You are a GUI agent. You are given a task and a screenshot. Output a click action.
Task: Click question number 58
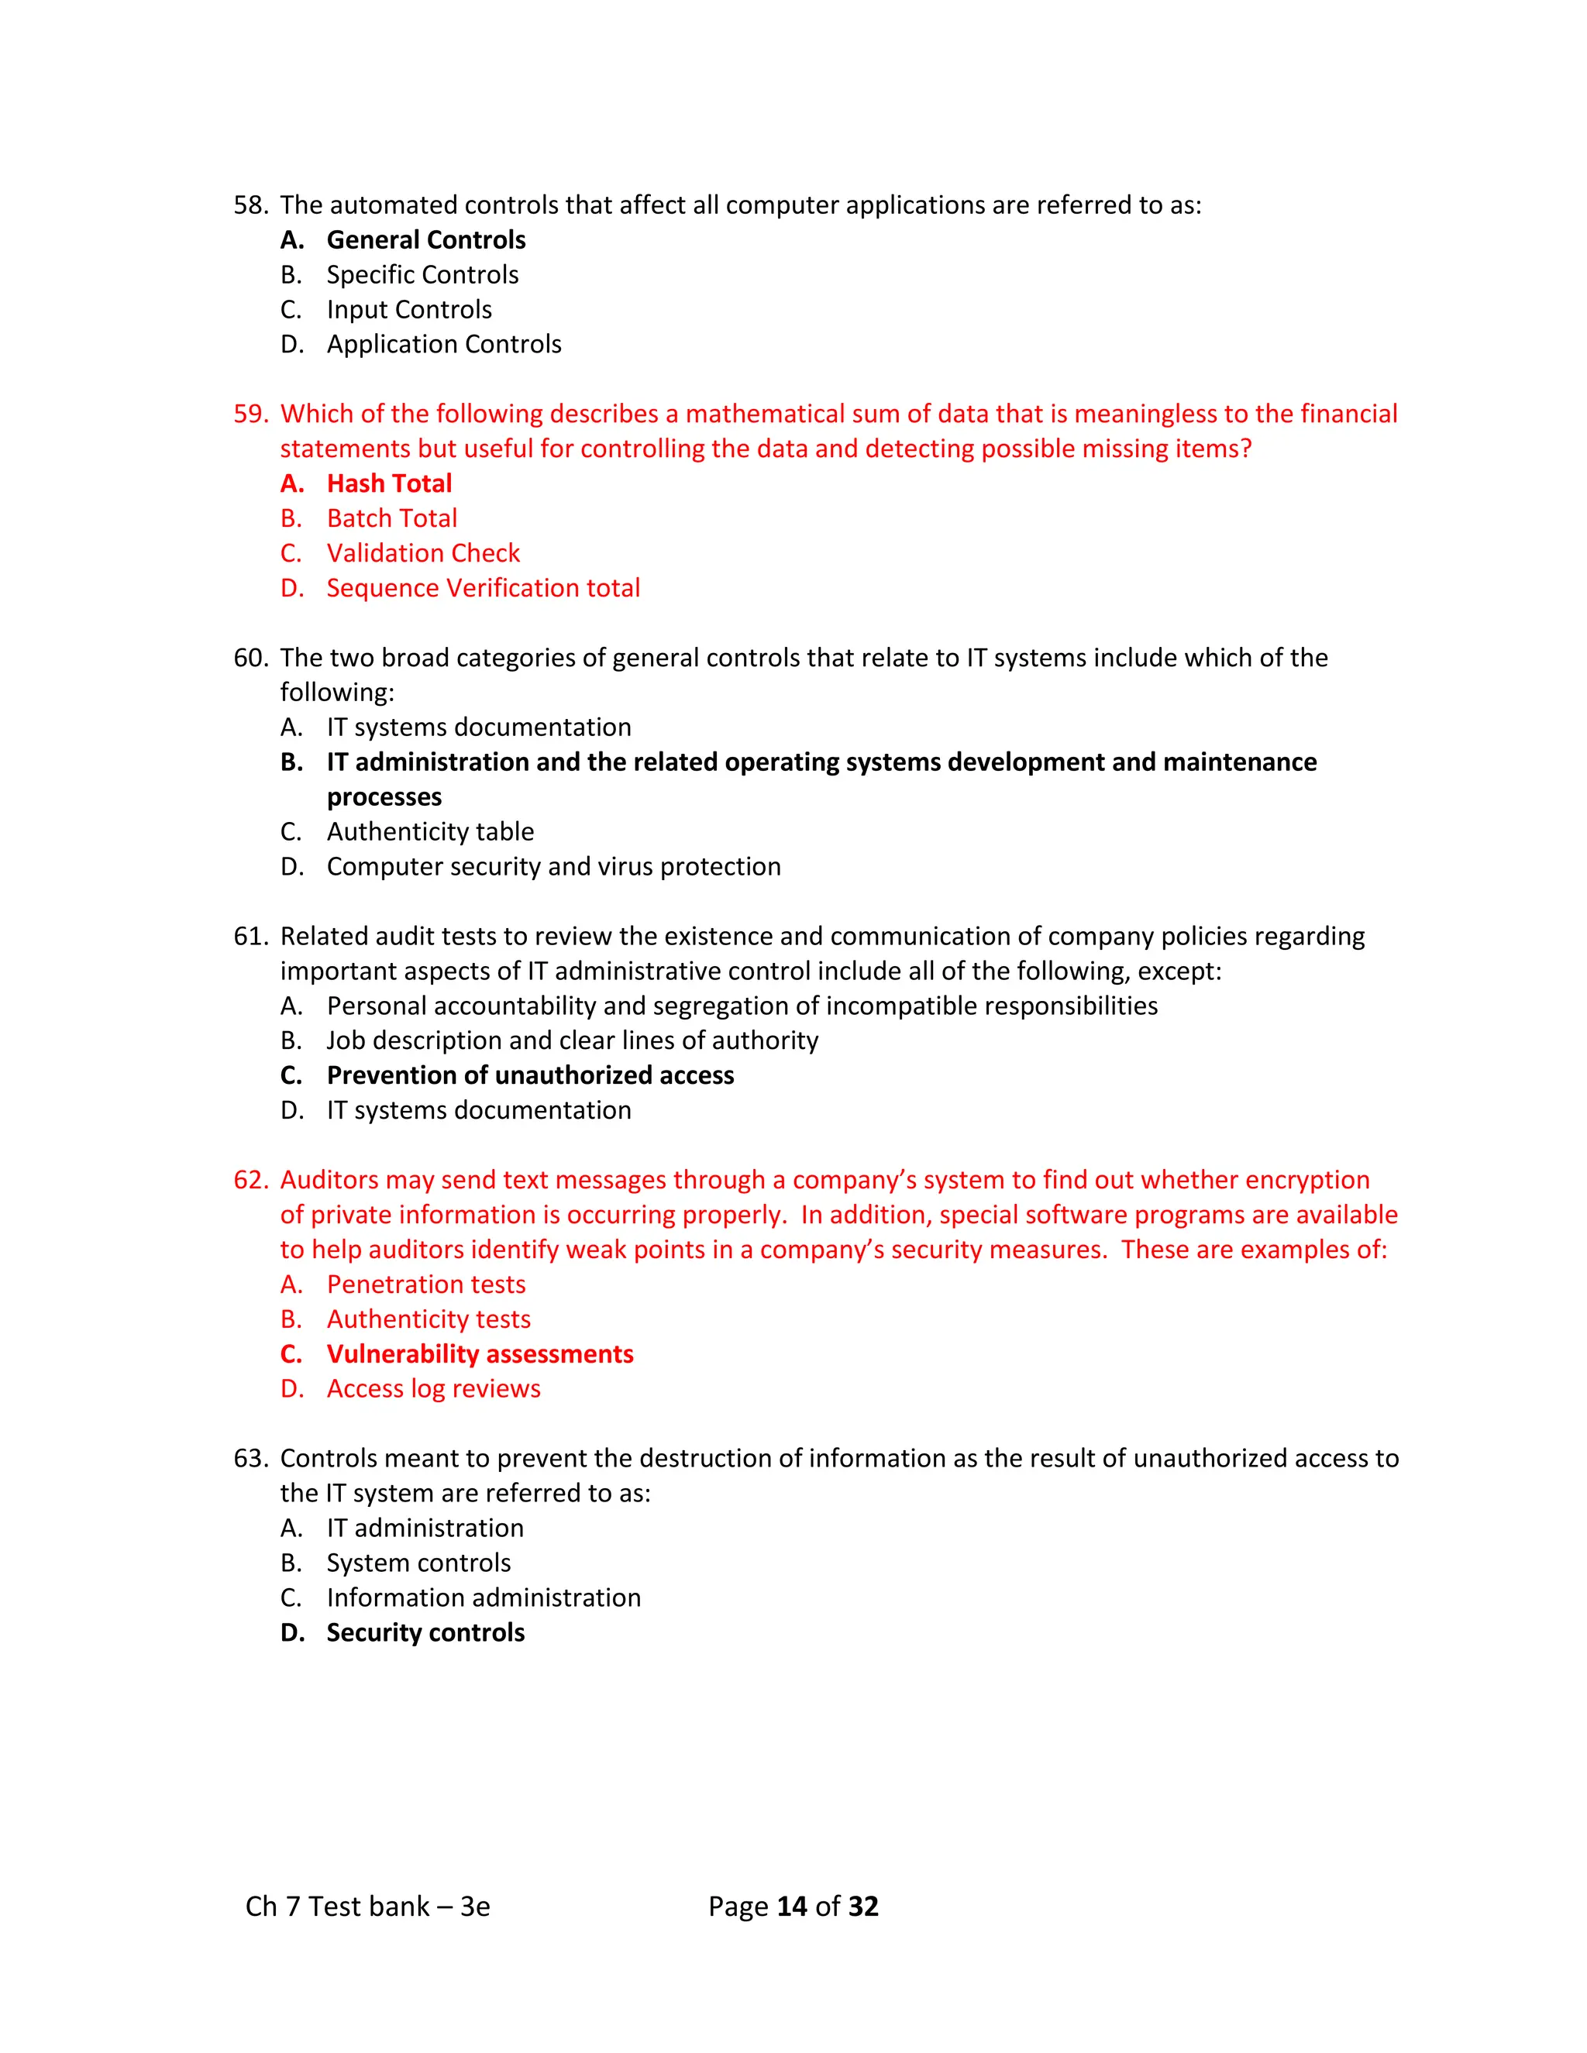click(x=250, y=205)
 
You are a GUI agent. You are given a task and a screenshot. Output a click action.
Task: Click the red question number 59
click(x=250, y=414)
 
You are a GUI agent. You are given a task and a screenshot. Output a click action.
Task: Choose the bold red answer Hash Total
click(x=388, y=483)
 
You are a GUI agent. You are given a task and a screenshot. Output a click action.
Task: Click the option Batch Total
click(x=391, y=518)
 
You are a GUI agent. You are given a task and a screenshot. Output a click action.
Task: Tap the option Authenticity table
click(x=429, y=831)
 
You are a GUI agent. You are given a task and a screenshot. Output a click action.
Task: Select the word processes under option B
click(x=384, y=796)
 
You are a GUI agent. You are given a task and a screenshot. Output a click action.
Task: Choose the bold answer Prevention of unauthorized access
click(x=529, y=1075)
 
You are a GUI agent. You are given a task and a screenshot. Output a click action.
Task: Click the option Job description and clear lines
click(x=572, y=1040)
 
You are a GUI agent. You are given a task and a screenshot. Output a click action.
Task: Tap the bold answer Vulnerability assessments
click(x=480, y=1353)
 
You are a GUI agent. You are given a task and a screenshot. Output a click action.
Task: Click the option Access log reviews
click(x=432, y=1388)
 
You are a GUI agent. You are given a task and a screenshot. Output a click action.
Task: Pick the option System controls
click(x=418, y=1563)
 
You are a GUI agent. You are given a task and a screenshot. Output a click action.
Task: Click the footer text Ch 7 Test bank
click(x=367, y=1906)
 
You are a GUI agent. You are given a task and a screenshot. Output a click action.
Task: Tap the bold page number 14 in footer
click(x=792, y=1906)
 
